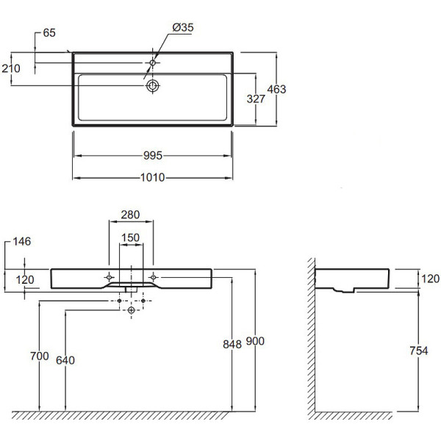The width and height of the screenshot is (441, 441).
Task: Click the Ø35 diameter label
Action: pos(183,27)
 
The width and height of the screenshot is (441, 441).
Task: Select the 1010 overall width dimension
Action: pos(153,178)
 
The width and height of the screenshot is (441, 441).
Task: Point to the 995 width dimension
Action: pos(153,156)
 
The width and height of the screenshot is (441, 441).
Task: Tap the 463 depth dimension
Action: pos(276,90)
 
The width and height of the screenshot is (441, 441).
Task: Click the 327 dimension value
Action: pos(254,99)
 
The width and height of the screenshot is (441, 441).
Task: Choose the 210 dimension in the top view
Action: pos(12,68)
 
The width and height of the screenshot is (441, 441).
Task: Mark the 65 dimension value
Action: pos(50,33)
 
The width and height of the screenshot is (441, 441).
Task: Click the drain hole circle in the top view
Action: pos(153,86)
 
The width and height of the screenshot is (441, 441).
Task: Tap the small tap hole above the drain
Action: pos(154,62)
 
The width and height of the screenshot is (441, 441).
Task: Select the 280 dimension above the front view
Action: pos(130,215)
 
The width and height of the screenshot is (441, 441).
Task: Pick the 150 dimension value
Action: pos(130,237)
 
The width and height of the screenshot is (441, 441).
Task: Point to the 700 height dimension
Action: pos(40,356)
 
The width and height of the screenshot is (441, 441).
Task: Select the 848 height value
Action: pos(233,343)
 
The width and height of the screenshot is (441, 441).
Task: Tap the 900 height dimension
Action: pos(254,341)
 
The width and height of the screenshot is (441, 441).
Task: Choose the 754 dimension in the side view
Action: pos(417,351)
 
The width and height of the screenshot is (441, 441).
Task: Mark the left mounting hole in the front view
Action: pos(109,276)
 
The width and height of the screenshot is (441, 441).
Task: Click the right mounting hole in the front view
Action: pos(153,276)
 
